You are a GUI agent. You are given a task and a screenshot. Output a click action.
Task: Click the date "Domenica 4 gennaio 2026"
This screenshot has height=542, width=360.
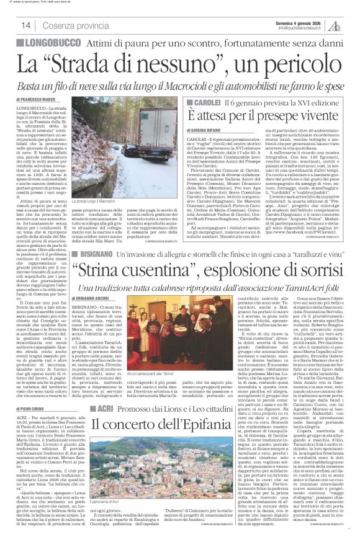pos(304,22)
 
